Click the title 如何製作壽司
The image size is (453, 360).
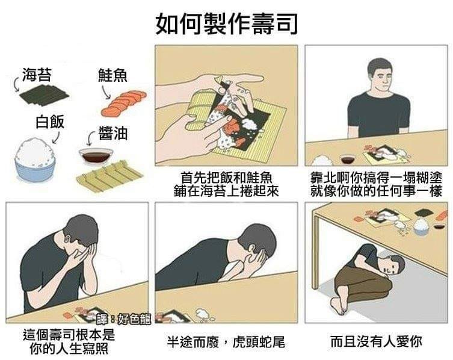pos(226,24)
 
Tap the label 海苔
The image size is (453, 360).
pos(37,75)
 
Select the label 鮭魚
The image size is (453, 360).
pos(112,75)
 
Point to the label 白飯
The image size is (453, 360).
pos(50,122)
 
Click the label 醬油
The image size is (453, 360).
pos(113,133)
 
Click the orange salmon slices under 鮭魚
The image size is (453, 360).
pos(124,103)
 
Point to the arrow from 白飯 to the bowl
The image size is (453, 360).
pos(56,137)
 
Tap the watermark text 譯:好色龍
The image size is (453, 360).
pos(124,319)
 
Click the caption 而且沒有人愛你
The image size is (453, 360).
pos(376,341)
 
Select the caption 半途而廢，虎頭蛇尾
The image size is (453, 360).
pos(226,341)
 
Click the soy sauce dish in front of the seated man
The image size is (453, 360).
pos(349,160)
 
